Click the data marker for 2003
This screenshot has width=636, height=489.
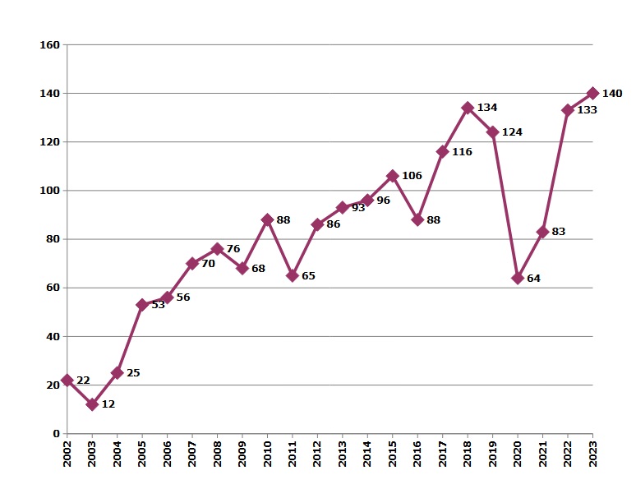click(92, 404)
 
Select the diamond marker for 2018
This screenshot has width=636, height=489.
click(468, 108)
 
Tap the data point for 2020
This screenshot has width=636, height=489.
click(518, 278)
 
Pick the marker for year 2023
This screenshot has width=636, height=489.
click(592, 94)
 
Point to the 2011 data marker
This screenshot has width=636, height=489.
click(292, 275)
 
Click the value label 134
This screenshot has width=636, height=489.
click(487, 108)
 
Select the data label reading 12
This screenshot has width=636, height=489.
click(108, 405)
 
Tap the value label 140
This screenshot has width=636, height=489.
click(612, 94)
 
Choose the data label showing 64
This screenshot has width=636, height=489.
click(533, 279)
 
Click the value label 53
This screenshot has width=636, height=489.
click(158, 306)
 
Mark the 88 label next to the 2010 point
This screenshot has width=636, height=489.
click(283, 220)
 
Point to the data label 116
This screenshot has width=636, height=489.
click(462, 152)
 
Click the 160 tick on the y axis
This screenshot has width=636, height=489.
click(50, 44)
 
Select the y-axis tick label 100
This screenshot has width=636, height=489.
click(50, 191)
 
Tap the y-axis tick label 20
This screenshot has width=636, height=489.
click(53, 385)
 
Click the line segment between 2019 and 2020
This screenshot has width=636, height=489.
click(505, 205)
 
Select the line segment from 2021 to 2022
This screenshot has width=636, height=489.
click(555, 171)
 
